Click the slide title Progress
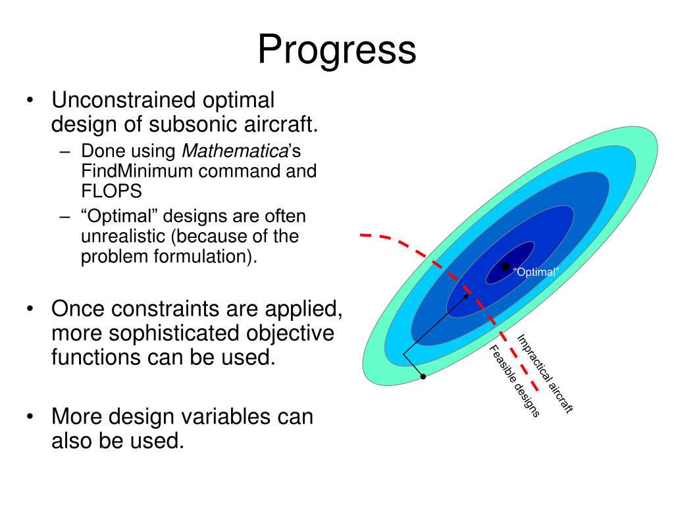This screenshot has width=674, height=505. pyautogui.click(x=337, y=51)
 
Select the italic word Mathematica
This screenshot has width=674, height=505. pyautogui.click(x=235, y=151)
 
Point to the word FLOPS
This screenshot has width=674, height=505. pyautogui.click(x=111, y=191)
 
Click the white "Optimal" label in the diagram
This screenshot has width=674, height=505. pyautogui.click(x=536, y=272)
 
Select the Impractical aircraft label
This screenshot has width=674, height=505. pyautogui.click(x=544, y=373)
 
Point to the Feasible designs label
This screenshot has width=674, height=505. pyautogui.click(x=514, y=381)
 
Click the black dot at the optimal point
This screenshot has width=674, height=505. pyautogui.click(x=505, y=267)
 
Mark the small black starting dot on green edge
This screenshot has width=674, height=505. pyautogui.click(x=423, y=377)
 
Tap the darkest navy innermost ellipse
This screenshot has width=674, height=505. pyautogui.click(x=510, y=263)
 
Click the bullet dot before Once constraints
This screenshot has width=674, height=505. pyautogui.click(x=30, y=309)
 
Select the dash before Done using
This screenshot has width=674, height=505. pyautogui.click(x=65, y=151)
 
